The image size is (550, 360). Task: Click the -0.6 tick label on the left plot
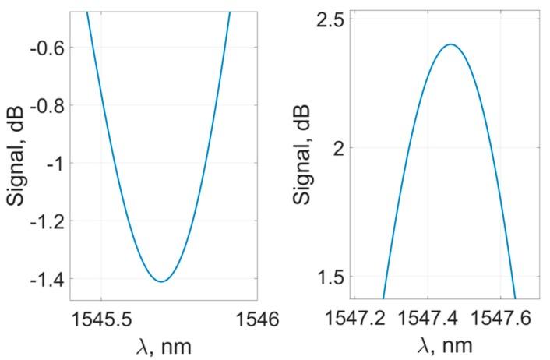49,48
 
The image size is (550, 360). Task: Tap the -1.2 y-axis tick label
49,221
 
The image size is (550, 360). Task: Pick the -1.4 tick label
49,279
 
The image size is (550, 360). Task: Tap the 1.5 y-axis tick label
330,277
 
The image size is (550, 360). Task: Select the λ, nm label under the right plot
444,344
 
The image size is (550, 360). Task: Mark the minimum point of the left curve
162,281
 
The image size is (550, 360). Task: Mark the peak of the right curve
450,44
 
